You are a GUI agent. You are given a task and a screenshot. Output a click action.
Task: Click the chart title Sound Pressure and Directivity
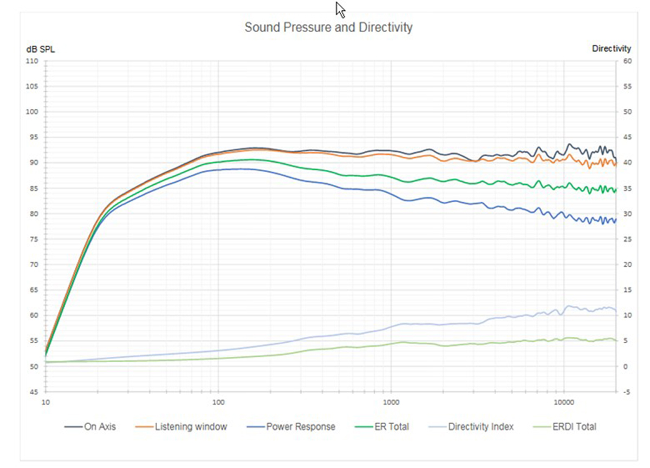click(x=328, y=27)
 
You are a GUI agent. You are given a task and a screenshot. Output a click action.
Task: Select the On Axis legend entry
click(x=100, y=427)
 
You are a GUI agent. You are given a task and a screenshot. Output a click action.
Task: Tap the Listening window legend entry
click(x=191, y=427)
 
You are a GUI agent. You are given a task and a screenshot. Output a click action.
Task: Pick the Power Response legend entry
click(x=301, y=427)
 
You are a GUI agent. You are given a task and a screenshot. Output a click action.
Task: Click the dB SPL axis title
click(x=41, y=49)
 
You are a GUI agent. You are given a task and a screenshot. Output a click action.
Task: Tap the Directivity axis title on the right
click(x=612, y=49)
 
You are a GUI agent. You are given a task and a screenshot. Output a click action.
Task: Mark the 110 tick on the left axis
click(x=33, y=61)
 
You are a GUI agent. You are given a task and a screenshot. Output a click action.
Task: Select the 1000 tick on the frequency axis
click(x=391, y=402)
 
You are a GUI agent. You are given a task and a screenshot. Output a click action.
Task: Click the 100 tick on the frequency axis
click(x=218, y=402)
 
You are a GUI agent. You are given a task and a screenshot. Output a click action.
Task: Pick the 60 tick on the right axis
click(x=628, y=61)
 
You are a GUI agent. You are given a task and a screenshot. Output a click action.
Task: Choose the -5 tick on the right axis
click(x=627, y=392)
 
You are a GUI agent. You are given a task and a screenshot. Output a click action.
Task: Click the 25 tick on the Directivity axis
click(x=628, y=239)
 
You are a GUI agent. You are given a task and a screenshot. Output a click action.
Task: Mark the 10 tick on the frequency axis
click(x=46, y=402)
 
